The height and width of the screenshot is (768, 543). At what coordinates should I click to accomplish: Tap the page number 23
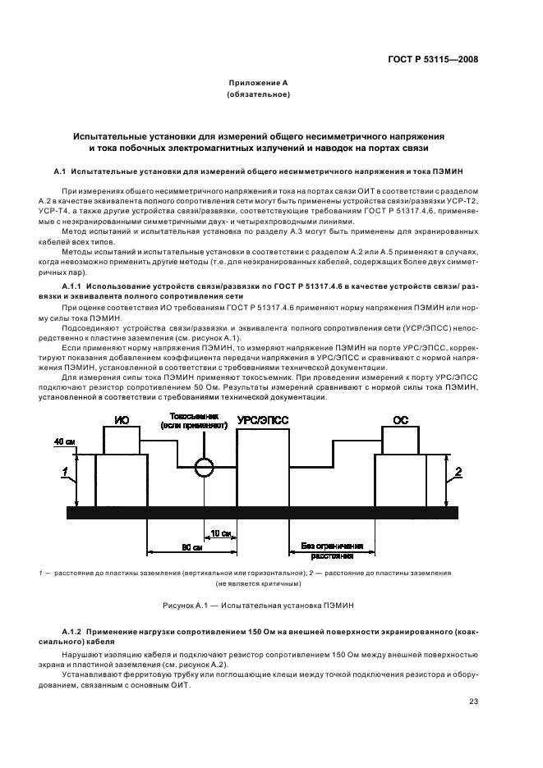(x=474, y=701)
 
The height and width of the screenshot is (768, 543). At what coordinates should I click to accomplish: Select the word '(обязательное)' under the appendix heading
(x=259, y=95)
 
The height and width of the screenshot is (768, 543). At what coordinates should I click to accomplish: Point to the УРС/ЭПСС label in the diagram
(x=262, y=418)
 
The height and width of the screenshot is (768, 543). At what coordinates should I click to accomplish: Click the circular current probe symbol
(x=204, y=468)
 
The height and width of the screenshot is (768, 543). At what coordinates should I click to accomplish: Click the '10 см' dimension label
(x=219, y=533)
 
